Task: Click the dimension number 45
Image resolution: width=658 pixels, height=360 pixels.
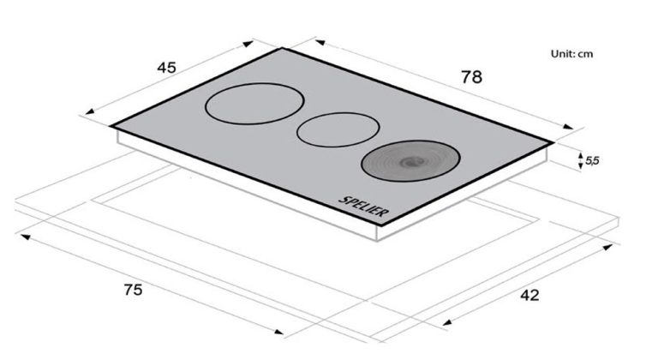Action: (x=166, y=68)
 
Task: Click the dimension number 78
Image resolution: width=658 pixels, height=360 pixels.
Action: (x=472, y=77)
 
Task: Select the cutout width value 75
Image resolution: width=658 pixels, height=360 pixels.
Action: (x=133, y=290)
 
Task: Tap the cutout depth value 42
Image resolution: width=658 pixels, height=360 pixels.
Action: (x=529, y=296)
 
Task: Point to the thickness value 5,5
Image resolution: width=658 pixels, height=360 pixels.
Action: (x=592, y=160)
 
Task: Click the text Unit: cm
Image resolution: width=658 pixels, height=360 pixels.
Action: (x=572, y=54)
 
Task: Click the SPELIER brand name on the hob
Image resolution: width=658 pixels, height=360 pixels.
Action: (x=363, y=207)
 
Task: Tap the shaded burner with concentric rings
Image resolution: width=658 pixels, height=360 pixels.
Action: (x=411, y=161)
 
